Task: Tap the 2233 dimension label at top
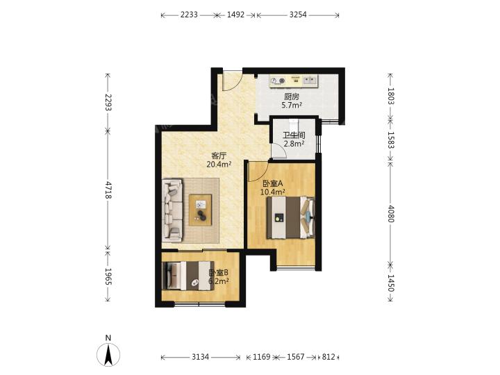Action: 189,15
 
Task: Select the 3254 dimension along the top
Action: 298,15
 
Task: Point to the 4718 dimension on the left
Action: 108,190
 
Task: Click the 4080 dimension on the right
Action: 391,214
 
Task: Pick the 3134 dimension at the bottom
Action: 200,357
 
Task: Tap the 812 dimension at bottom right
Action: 328,357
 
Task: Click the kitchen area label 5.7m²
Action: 292,106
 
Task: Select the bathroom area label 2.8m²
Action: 294,144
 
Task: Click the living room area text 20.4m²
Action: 219,165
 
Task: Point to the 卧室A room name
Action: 273,183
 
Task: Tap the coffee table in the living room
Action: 200,210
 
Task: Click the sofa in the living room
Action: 172,210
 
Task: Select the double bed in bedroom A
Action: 291,217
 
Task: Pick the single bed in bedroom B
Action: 188,276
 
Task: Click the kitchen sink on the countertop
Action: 310,81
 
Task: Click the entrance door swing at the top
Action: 233,81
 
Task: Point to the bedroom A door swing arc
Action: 259,172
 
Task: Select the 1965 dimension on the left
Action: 108,276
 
